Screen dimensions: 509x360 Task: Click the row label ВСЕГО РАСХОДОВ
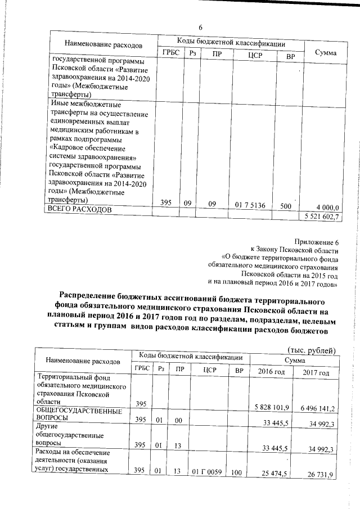pos(80,209)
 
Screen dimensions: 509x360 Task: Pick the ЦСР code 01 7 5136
pos(250,205)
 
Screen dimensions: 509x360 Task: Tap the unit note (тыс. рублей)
pos(311,350)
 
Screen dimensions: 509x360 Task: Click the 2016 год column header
pos(272,372)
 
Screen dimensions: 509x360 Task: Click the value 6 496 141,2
pos(315,408)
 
